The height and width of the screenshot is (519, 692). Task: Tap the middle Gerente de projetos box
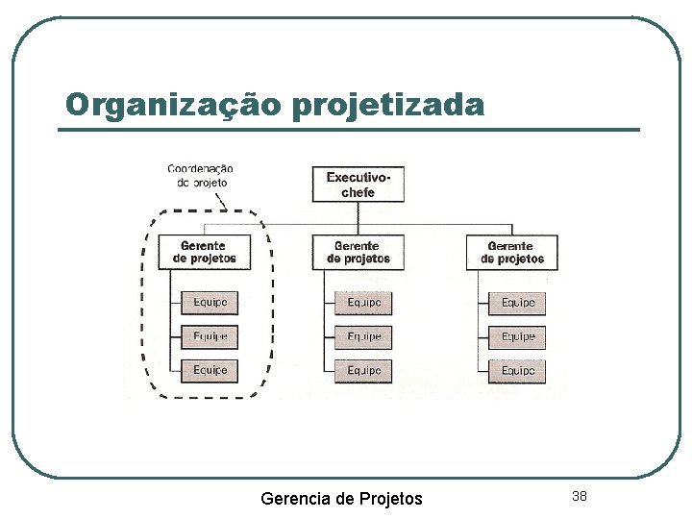click(x=358, y=252)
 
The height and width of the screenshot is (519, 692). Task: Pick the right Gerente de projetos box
click(x=512, y=252)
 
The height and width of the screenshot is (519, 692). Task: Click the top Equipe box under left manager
click(x=210, y=303)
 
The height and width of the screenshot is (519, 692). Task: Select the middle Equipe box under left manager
click(x=210, y=336)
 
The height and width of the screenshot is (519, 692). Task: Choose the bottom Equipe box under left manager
click(x=210, y=370)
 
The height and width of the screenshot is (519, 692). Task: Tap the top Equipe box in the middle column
click(x=363, y=303)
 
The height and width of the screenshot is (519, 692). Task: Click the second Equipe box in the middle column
click(x=363, y=336)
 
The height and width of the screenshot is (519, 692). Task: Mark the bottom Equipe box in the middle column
click(x=363, y=370)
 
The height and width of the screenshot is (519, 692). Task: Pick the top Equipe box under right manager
click(x=517, y=303)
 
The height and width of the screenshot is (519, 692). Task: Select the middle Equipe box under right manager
click(x=517, y=336)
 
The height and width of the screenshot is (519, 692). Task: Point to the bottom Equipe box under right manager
click(x=517, y=370)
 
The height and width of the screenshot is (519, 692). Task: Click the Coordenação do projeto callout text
click(x=200, y=175)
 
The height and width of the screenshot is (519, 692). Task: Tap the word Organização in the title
click(x=173, y=104)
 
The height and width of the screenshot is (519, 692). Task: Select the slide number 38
click(x=579, y=496)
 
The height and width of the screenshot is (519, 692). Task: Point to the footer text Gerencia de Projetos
click(x=341, y=498)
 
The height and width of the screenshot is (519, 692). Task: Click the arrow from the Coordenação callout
click(x=222, y=200)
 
